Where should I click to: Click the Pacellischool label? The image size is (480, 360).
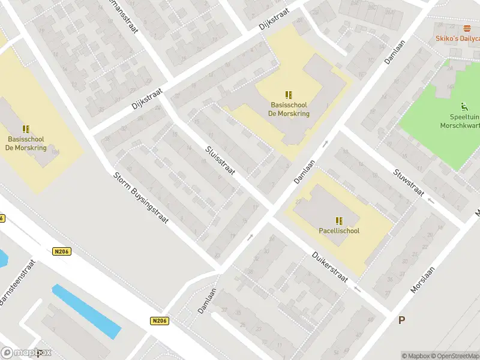339,230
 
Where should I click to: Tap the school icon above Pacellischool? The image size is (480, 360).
339,220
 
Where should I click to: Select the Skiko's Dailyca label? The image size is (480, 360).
457,39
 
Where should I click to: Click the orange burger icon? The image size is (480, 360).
467,29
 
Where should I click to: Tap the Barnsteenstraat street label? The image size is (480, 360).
17,283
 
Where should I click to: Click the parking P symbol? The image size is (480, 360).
401,320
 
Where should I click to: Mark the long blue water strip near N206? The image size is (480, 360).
86,311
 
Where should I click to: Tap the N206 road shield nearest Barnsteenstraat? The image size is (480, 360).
61,252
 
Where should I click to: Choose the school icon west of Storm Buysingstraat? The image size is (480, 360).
26,129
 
